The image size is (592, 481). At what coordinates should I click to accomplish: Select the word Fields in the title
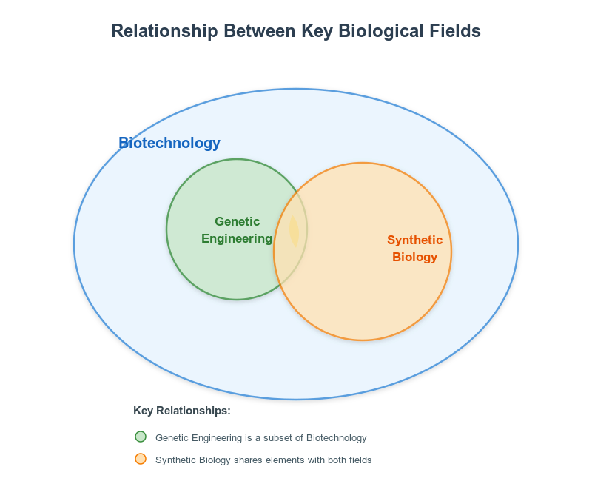(457, 31)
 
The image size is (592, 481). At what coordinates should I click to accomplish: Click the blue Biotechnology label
(169, 144)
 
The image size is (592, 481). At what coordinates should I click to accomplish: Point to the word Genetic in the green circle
(237, 221)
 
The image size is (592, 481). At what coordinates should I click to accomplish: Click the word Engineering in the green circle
(237, 238)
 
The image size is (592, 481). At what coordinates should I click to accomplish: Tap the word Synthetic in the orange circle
(414, 240)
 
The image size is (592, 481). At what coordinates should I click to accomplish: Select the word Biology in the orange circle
(414, 258)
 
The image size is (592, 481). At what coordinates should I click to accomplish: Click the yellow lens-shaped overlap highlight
(294, 231)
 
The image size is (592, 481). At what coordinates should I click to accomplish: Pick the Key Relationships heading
(182, 411)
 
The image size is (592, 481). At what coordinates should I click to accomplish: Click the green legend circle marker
(141, 437)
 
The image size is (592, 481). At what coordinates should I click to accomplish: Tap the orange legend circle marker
(141, 460)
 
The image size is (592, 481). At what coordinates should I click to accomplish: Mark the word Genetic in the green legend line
(171, 437)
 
